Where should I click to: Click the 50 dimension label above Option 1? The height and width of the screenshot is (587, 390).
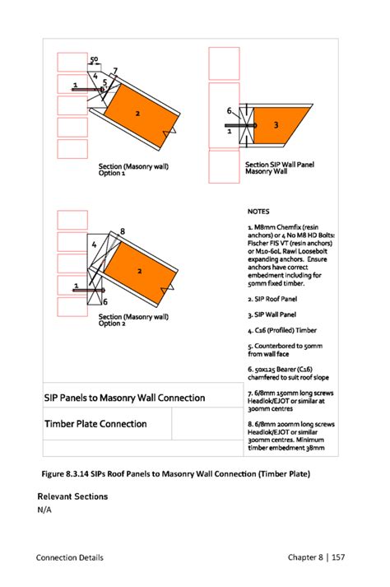click(94, 59)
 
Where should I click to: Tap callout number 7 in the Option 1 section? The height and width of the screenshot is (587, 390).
click(115, 71)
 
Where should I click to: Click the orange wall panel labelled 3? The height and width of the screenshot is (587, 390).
click(280, 124)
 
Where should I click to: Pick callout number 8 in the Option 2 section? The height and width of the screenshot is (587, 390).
click(122, 231)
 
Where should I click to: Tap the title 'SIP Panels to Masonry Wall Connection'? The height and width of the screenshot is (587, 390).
click(124, 398)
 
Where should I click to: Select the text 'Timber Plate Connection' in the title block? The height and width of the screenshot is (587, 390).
click(95, 424)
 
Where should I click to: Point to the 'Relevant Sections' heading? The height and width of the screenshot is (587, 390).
click(72, 496)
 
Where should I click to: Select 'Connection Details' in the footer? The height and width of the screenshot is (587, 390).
click(70, 558)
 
